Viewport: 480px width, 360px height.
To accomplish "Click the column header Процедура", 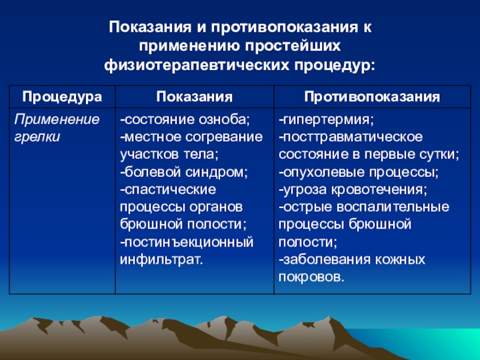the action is (x=62, y=97).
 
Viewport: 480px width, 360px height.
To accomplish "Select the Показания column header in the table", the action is (x=194, y=97).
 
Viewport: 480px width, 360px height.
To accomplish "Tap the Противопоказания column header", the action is (x=372, y=97).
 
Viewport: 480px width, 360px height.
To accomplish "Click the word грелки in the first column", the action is (x=37, y=137).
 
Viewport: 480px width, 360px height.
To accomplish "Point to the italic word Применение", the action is (x=57, y=119).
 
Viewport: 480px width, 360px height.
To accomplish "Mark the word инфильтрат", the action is (x=161, y=260).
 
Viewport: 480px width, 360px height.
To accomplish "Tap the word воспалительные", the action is (x=393, y=207).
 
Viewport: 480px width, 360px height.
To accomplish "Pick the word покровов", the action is (x=311, y=277).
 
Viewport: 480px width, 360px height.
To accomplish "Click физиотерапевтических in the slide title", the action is (x=196, y=65).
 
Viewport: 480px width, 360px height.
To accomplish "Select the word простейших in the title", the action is (x=293, y=46).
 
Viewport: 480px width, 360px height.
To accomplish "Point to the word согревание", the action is (x=224, y=137).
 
